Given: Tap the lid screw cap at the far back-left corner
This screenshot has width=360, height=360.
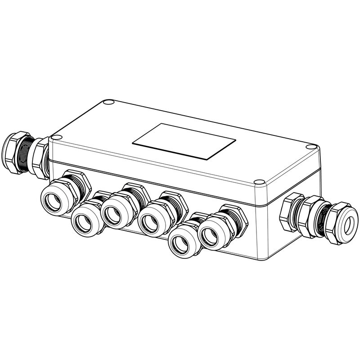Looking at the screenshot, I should point(107,103).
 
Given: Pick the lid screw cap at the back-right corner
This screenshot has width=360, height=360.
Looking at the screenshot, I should point(311,146).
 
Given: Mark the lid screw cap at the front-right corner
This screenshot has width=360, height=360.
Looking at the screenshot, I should point(258,183).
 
